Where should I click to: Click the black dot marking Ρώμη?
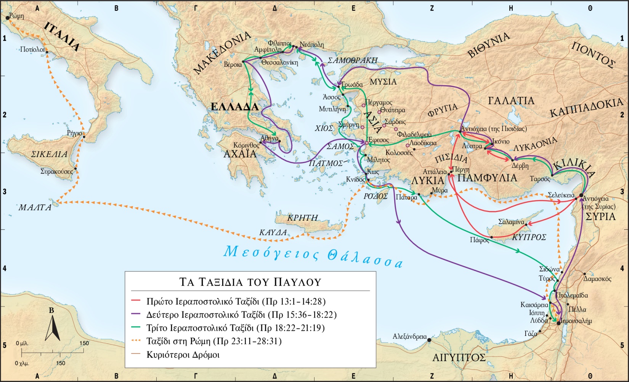pyautogui.click(x=8, y=18)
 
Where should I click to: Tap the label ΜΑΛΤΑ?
pyautogui.click(x=35, y=208)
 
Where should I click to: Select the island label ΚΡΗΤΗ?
pyautogui.click(x=303, y=218)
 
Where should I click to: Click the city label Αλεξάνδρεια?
pyautogui.click(x=410, y=337)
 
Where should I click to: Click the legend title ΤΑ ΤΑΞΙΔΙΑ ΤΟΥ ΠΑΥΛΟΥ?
pyautogui.click(x=250, y=282)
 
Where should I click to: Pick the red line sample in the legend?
pyautogui.click(x=136, y=302)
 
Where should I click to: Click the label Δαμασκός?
pyautogui.click(x=597, y=279)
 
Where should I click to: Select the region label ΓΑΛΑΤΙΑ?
pyautogui.click(x=511, y=101)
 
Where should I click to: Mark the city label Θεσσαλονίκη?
pyautogui.click(x=279, y=63)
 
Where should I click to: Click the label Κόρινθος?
pyautogui.click(x=246, y=145)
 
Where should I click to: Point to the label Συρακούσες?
pyautogui.click(x=56, y=172)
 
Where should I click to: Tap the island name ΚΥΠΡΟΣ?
pyautogui.click(x=529, y=237)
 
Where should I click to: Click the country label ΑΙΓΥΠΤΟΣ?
pyautogui.click(x=459, y=358)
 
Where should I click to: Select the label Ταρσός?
pyautogui.click(x=540, y=179)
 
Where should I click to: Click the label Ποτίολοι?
pyautogui.click(x=32, y=50)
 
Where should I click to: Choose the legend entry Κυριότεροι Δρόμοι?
pyautogui.click(x=183, y=355)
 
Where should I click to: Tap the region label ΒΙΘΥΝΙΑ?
pyautogui.click(x=489, y=45)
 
